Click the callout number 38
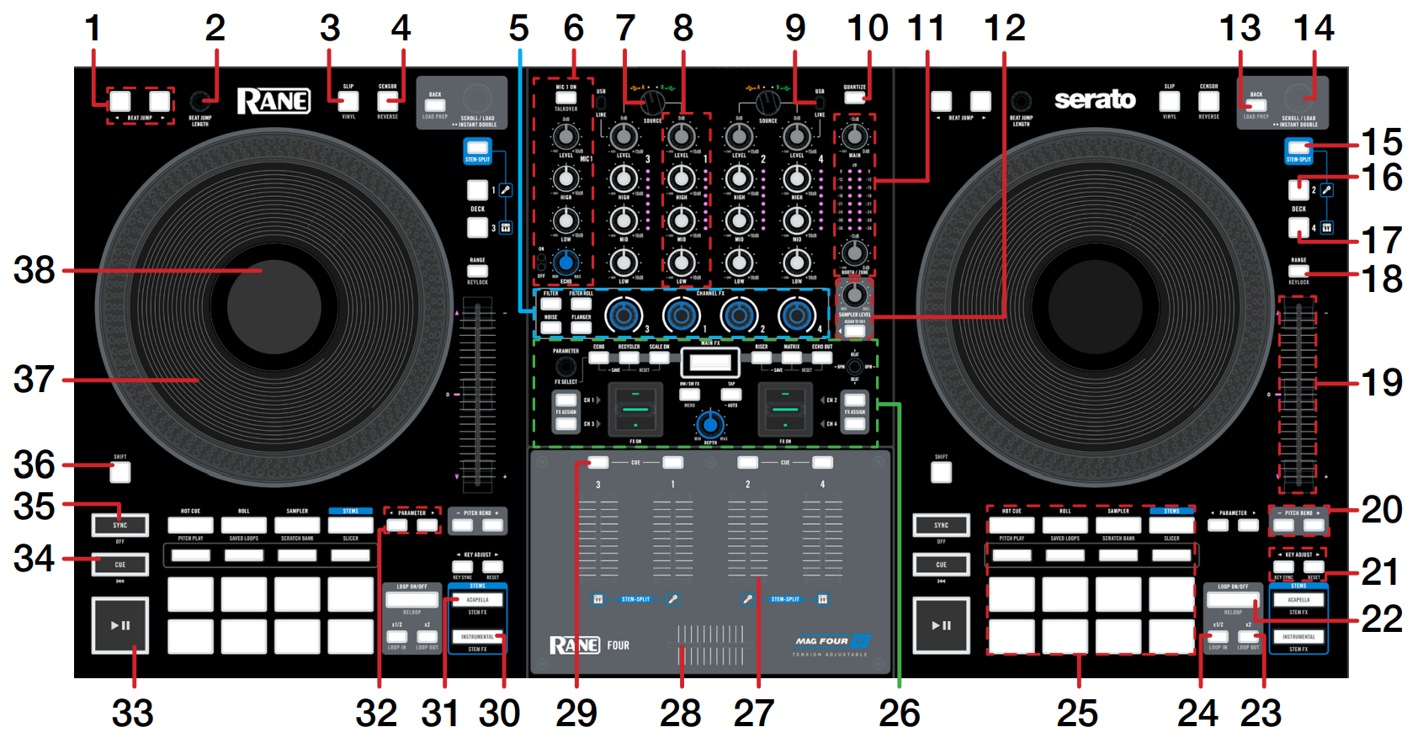(34, 270)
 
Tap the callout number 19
(1382, 383)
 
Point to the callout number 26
(899, 714)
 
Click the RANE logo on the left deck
(273, 102)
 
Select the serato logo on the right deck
(1095, 100)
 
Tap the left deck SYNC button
(120, 525)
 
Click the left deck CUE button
(120, 564)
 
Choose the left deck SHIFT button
(120, 472)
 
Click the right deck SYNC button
(941, 525)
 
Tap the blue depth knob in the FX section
(710, 423)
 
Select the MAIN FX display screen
(710, 363)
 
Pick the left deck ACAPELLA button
(477, 600)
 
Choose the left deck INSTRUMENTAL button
(477, 637)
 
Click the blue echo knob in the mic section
(566, 263)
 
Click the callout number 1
(93, 29)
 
